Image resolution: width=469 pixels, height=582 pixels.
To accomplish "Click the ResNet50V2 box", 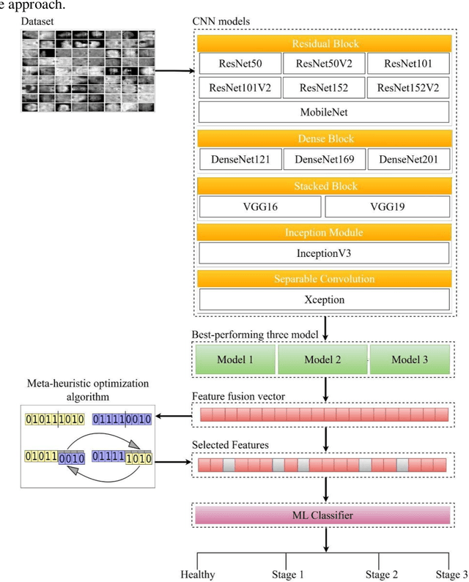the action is [x=324, y=64].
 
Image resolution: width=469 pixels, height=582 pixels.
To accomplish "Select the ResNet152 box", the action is [x=324, y=88].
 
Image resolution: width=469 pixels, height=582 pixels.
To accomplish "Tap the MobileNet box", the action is [x=324, y=112].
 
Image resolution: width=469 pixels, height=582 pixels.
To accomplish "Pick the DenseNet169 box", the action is [x=325, y=160].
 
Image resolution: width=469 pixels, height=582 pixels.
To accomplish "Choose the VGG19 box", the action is [x=387, y=206].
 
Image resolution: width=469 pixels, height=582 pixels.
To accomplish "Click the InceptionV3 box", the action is [x=324, y=253].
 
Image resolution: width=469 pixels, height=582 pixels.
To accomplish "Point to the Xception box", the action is [x=325, y=299].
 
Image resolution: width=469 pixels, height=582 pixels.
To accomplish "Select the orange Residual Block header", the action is [x=325, y=43].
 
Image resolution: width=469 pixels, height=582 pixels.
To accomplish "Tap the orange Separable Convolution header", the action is [x=325, y=279].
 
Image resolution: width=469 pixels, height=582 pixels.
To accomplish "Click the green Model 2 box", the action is [x=322, y=359].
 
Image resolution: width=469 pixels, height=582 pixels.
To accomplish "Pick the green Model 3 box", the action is [x=410, y=359].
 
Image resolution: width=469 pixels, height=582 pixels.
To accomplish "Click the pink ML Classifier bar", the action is [x=322, y=515].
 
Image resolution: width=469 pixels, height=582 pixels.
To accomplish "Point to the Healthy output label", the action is [x=198, y=575].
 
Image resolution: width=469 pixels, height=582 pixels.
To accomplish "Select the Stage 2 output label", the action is [x=381, y=575].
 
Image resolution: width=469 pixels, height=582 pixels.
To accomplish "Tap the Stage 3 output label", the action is [x=451, y=575].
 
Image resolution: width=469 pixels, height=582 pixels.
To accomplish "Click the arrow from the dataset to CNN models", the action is [x=174, y=70].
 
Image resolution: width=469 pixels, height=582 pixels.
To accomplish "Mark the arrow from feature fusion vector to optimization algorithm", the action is [x=174, y=416].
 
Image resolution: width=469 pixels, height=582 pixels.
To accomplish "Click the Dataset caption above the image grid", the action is [x=37, y=21].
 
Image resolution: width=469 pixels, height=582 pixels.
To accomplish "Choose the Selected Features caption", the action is [x=230, y=444].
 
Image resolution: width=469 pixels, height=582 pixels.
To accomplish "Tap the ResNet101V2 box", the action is [x=240, y=88].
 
